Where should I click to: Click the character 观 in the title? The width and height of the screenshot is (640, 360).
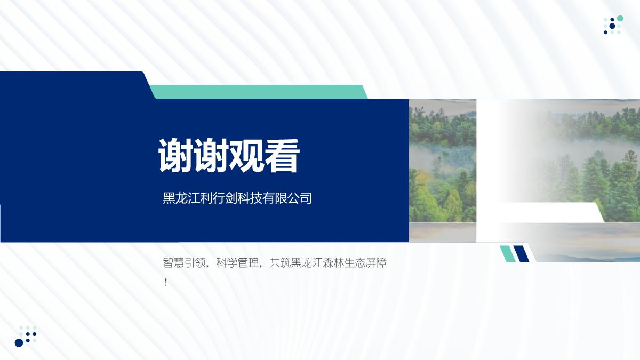coord(246,156)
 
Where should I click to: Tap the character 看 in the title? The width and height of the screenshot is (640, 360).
coord(282,156)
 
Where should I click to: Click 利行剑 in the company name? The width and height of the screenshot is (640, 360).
coord(219,198)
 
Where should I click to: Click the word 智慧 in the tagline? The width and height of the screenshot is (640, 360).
coord(173,263)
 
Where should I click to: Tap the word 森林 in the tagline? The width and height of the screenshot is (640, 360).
coord(334,263)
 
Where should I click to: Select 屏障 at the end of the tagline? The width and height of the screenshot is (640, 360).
coord(377,263)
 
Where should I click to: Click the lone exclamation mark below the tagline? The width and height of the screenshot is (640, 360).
coord(166,283)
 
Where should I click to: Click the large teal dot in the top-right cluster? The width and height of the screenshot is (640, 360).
coord(620,18)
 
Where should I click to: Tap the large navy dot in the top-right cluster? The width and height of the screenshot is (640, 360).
coord(612,26)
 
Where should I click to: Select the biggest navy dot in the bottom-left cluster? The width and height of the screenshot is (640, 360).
coord(19,342)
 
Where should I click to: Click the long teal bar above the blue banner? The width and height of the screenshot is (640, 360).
coord(258,92)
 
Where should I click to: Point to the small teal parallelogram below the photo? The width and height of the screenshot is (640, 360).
coord(507,253)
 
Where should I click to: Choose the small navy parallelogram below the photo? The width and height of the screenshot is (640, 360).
coord(521,253)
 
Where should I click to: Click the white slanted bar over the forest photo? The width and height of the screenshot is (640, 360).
coord(549,212)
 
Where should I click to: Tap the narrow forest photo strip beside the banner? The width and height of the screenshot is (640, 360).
coord(443,170)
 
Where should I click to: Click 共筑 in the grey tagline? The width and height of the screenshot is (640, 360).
coord(281,263)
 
